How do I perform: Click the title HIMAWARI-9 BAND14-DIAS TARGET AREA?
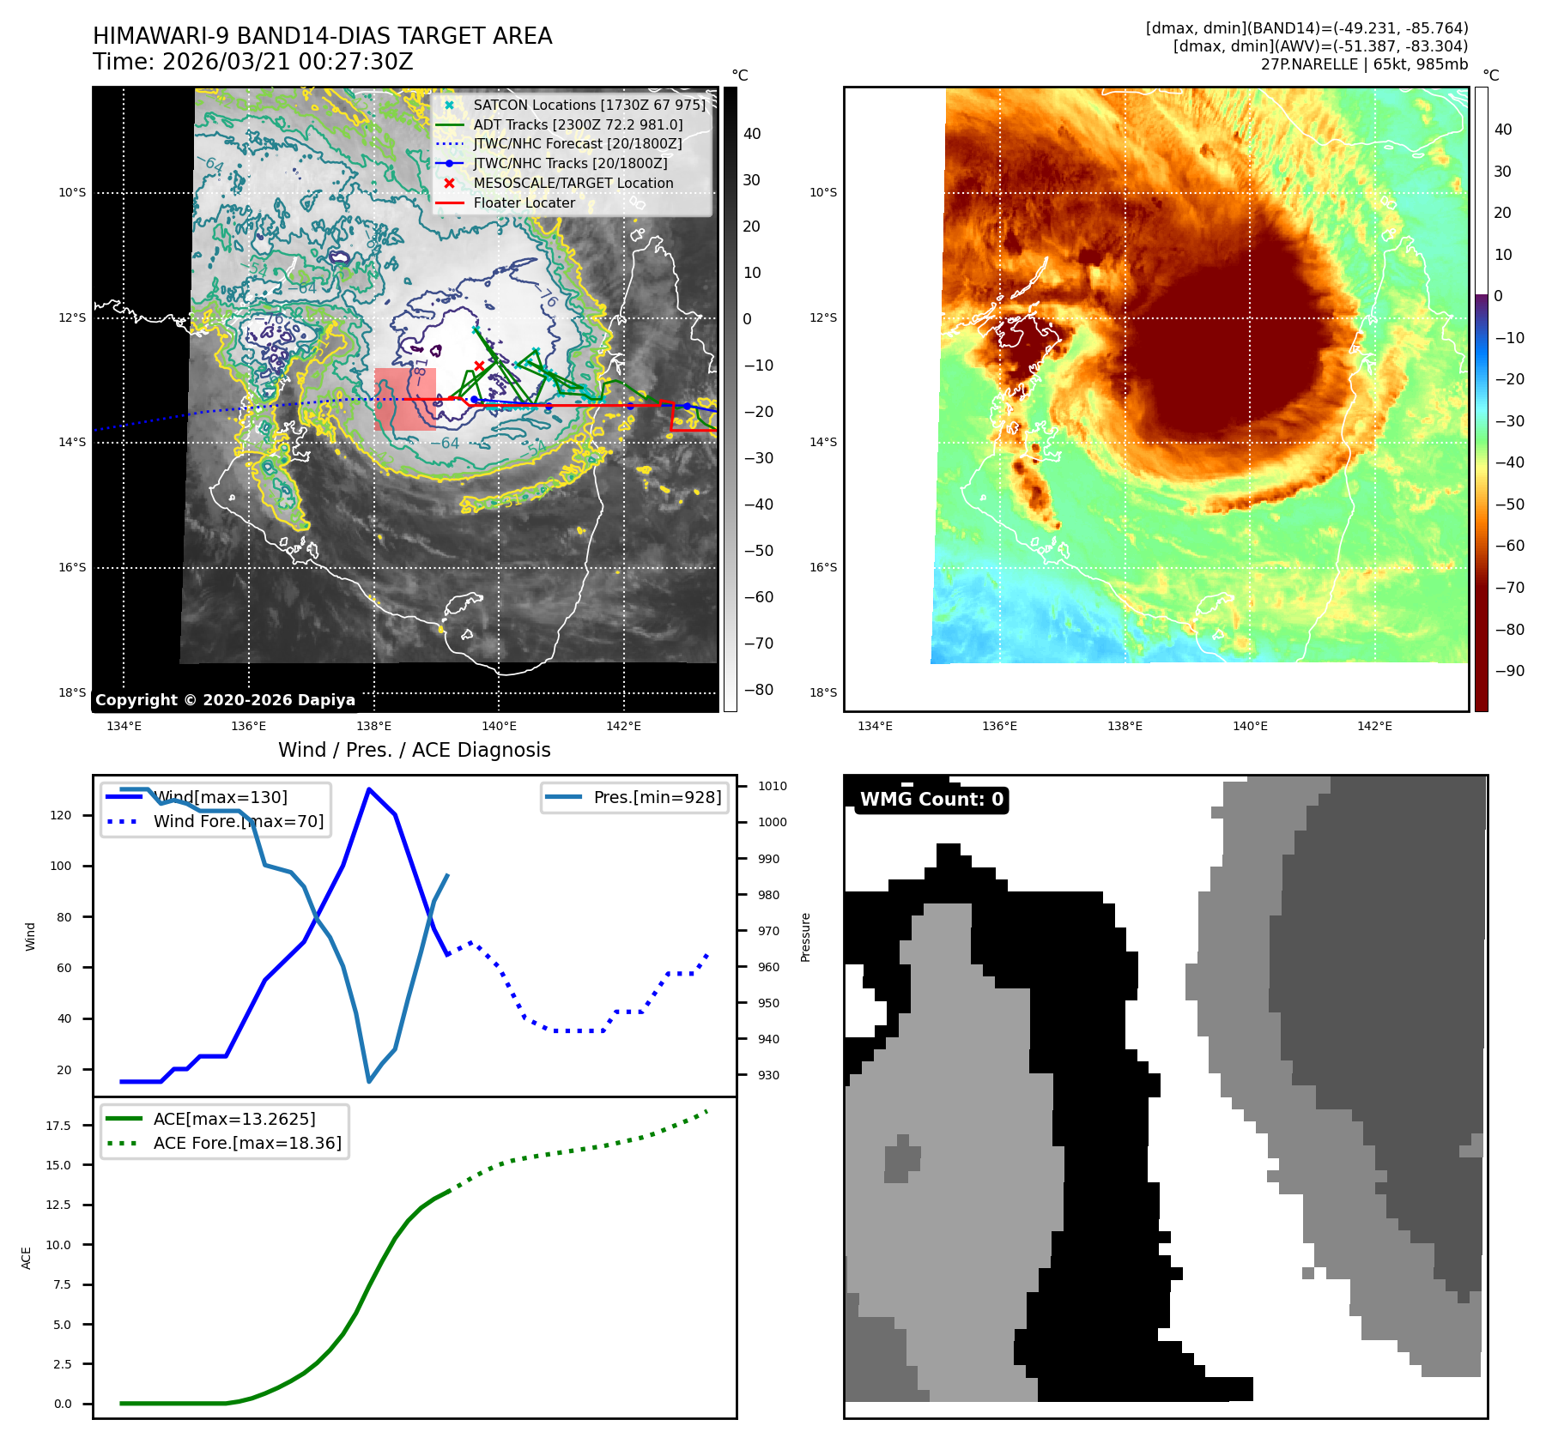(322, 36)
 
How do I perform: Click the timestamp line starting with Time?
(252, 63)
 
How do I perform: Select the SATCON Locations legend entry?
(589, 105)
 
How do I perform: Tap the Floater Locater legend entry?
(524, 202)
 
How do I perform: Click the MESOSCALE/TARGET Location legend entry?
(573, 183)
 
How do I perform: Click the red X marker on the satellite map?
(479, 366)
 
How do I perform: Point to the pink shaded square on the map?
(405, 399)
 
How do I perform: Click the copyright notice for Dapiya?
(225, 700)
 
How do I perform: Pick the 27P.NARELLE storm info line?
(1364, 64)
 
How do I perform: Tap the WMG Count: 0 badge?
(931, 800)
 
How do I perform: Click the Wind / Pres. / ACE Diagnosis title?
(414, 750)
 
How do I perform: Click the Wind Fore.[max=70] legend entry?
(238, 821)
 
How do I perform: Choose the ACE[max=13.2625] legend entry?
(233, 1119)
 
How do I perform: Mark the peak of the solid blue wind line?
(369, 789)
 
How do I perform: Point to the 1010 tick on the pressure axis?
(772, 786)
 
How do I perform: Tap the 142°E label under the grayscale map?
(623, 727)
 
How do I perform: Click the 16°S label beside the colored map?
(822, 567)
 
